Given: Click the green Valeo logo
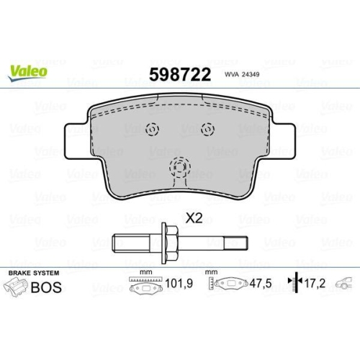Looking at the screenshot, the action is tap(27, 73).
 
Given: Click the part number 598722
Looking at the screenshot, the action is tap(180, 75).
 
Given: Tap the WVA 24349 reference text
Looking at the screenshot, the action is tap(242, 74).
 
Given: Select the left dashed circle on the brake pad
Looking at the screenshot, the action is tap(153, 130).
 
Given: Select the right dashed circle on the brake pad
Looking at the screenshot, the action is tap(207, 130).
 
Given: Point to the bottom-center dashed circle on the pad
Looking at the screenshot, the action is tap(180, 167).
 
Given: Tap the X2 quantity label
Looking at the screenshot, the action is tap(194, 219).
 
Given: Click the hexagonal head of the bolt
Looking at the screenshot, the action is tap(169, 243).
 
